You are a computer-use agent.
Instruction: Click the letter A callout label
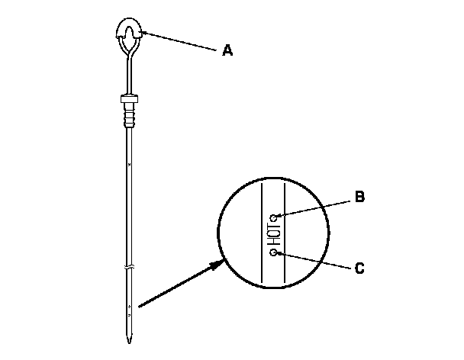click(x=227, y=51)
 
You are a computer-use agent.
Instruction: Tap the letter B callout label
click(x=359, y=197)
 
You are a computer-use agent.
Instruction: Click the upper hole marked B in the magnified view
click(x=273, y=217)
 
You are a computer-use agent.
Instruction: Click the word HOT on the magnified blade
click(x=273, y=234)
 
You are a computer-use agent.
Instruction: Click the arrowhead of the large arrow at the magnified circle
click(x=222, y=263)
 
